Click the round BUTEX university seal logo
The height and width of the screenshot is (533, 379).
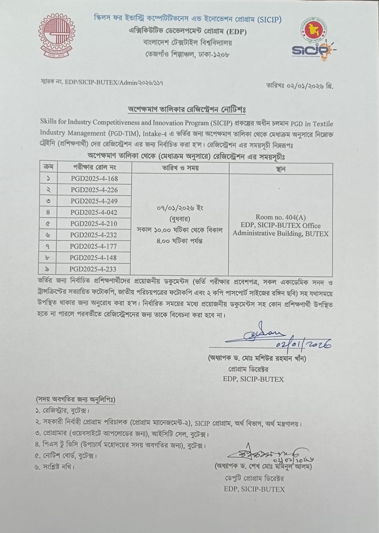pyautogui.click(x=57, y=35)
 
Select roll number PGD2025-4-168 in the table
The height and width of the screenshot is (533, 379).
pyautogui.click(x=94, y=179)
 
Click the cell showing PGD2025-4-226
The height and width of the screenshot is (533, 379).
pyautogui.click(x=94, y=190)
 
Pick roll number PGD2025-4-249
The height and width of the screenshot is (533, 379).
pyautogui.click(x=94, y=201)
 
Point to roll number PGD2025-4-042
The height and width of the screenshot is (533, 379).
pyautogui.click(x=94, y=212)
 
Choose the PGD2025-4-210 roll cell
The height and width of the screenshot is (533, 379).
pyautogui.click(x=94, y=224)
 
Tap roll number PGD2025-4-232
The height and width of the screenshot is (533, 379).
pyautogui.click(x=94, y=235)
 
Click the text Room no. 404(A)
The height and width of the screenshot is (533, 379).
pyautogui.click(x=280, y=217)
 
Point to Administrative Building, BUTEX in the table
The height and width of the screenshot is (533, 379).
pyautogui.click(x=280, y=234)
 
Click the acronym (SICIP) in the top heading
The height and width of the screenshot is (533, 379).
pyautogui.click(x=269, y=19)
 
